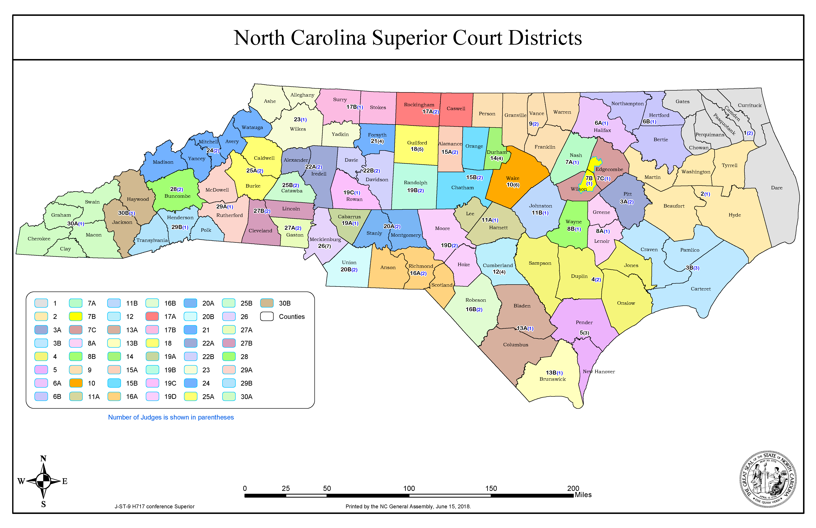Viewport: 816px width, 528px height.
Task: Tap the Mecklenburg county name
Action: point(325,239)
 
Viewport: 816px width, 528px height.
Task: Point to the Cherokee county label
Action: point(39,239)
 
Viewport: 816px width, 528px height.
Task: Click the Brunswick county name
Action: point(552,379)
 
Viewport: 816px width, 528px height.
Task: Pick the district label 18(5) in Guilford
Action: point(417,149)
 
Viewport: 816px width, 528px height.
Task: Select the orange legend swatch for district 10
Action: point(76,383)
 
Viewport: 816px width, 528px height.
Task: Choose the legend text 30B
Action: point(285,303)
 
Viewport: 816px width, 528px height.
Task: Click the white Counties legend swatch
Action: point(267,316)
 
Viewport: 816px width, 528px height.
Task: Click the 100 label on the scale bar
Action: point(409,488)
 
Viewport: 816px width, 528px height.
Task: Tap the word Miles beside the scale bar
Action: point(583,495)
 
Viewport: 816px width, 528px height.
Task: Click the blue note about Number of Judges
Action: point(171,417)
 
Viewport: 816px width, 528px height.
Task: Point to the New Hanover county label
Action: point(599,372)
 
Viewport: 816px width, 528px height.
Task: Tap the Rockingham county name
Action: point(419,105)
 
